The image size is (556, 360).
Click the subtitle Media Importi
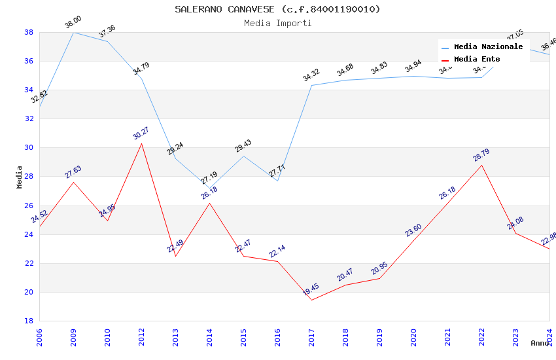coord(277,23)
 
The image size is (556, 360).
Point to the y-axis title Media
coord(20,177)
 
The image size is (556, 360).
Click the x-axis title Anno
coord(540,342)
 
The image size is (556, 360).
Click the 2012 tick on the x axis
coord(141,338)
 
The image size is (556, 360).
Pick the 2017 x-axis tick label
coord(311,338)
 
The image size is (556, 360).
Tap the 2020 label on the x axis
coord(413,338)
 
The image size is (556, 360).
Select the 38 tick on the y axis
coord(29,32)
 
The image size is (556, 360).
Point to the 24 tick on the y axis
coord(29,234)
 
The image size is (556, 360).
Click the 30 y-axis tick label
coord(29,148)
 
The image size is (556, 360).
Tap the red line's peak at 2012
coord(141,143)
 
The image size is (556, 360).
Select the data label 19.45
coord(311,290)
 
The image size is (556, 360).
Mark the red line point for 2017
coord(311,300)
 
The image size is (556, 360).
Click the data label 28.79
coord(481,155)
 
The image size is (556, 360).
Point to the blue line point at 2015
coord(243,156)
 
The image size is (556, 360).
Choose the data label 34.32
coord(311,76)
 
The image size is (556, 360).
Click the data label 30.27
coord(141,134)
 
